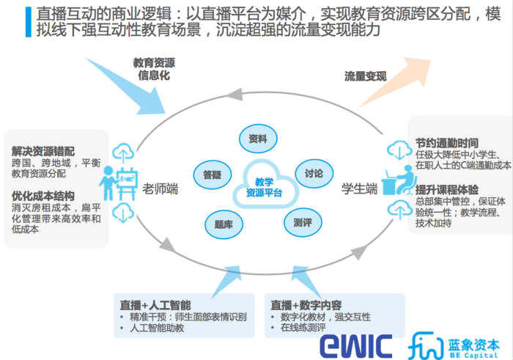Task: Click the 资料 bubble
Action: click(x=257, y=139)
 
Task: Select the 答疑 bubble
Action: click(x=207, y=175)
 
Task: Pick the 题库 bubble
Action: click(x=224, y=224)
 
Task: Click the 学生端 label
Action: click(x=359, y=188)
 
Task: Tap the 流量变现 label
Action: click(x=365, y=76)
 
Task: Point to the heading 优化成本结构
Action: click(x=43, y=196)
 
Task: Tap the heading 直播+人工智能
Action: click(x=155, y=304)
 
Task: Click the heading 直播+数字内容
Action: click(x=306, y=304)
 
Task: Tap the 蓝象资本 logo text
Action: click(x=473, y=341)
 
